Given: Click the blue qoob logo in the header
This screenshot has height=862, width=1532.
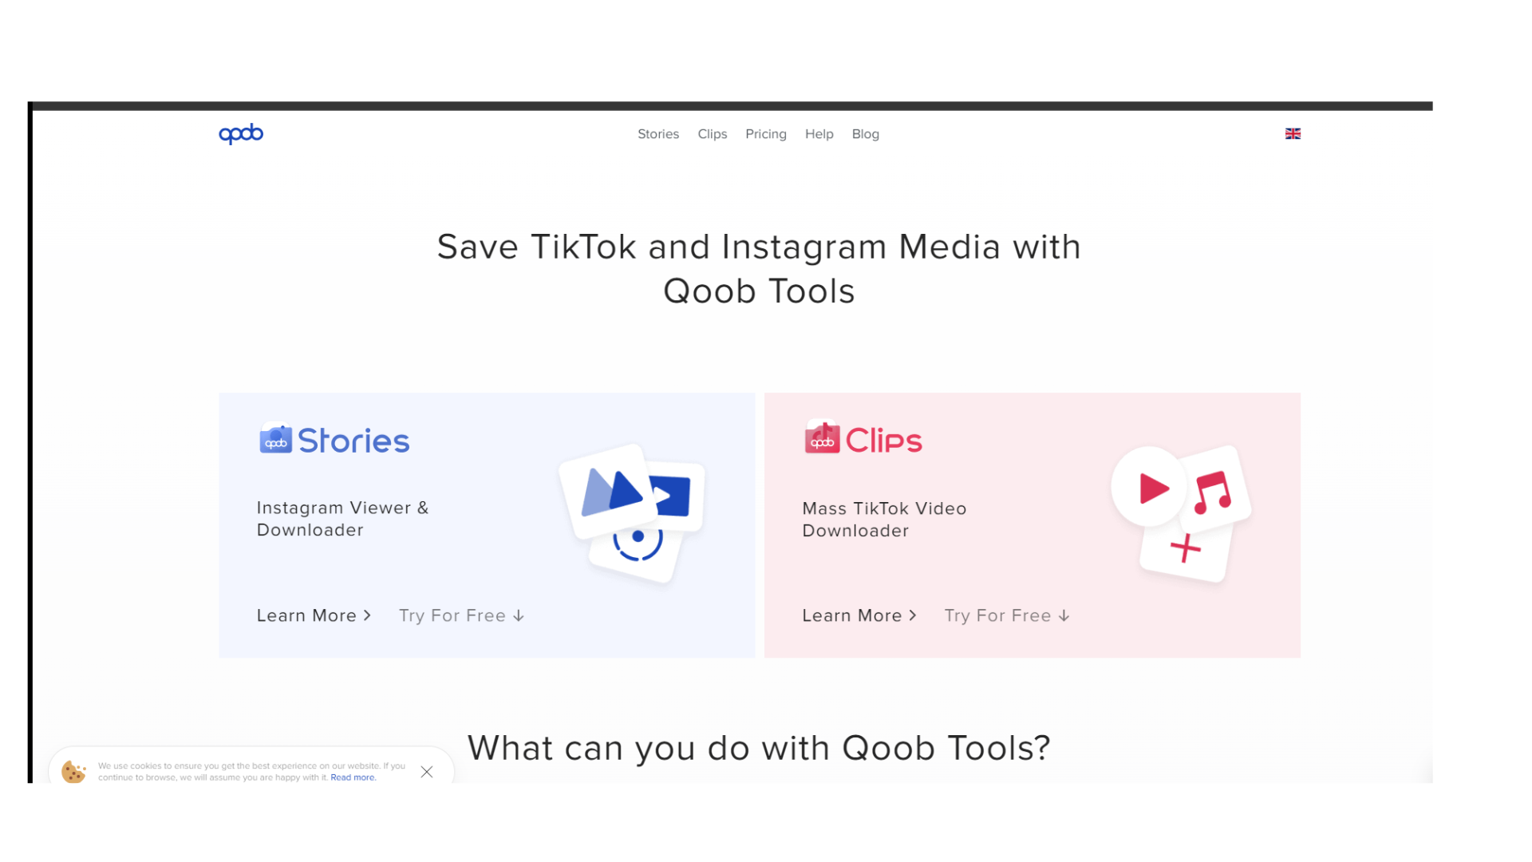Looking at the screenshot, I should click(241, 133).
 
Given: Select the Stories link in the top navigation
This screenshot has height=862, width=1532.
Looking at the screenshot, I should click(658, 134).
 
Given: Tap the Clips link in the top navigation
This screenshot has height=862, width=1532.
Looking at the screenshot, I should click(713, 134).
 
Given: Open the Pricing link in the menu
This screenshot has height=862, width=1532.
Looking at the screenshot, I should click(766, 134).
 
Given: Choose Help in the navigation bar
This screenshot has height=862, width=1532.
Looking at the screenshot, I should click(819, 134).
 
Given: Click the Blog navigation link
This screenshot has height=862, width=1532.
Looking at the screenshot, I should click(865, 134).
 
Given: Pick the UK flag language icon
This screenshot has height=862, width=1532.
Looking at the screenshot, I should click(1293, 133).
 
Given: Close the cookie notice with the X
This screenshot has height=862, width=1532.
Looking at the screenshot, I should click(427, 772).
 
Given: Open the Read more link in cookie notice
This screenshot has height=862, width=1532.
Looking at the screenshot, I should click(353, 777).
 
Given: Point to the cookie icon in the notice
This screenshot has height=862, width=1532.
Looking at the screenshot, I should click(73, 772).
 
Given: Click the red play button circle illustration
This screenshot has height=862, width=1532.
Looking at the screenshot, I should click(1150, 488).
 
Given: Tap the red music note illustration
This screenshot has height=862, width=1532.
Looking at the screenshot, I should click(1213, 491).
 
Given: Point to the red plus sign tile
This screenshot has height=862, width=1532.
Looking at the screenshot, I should click(1186, 548).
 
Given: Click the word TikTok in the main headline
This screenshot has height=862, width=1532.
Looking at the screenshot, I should click(583, 247).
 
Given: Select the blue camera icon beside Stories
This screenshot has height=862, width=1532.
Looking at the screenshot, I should click(275, 439).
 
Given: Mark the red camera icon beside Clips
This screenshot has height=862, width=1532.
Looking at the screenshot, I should click(822, 437).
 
